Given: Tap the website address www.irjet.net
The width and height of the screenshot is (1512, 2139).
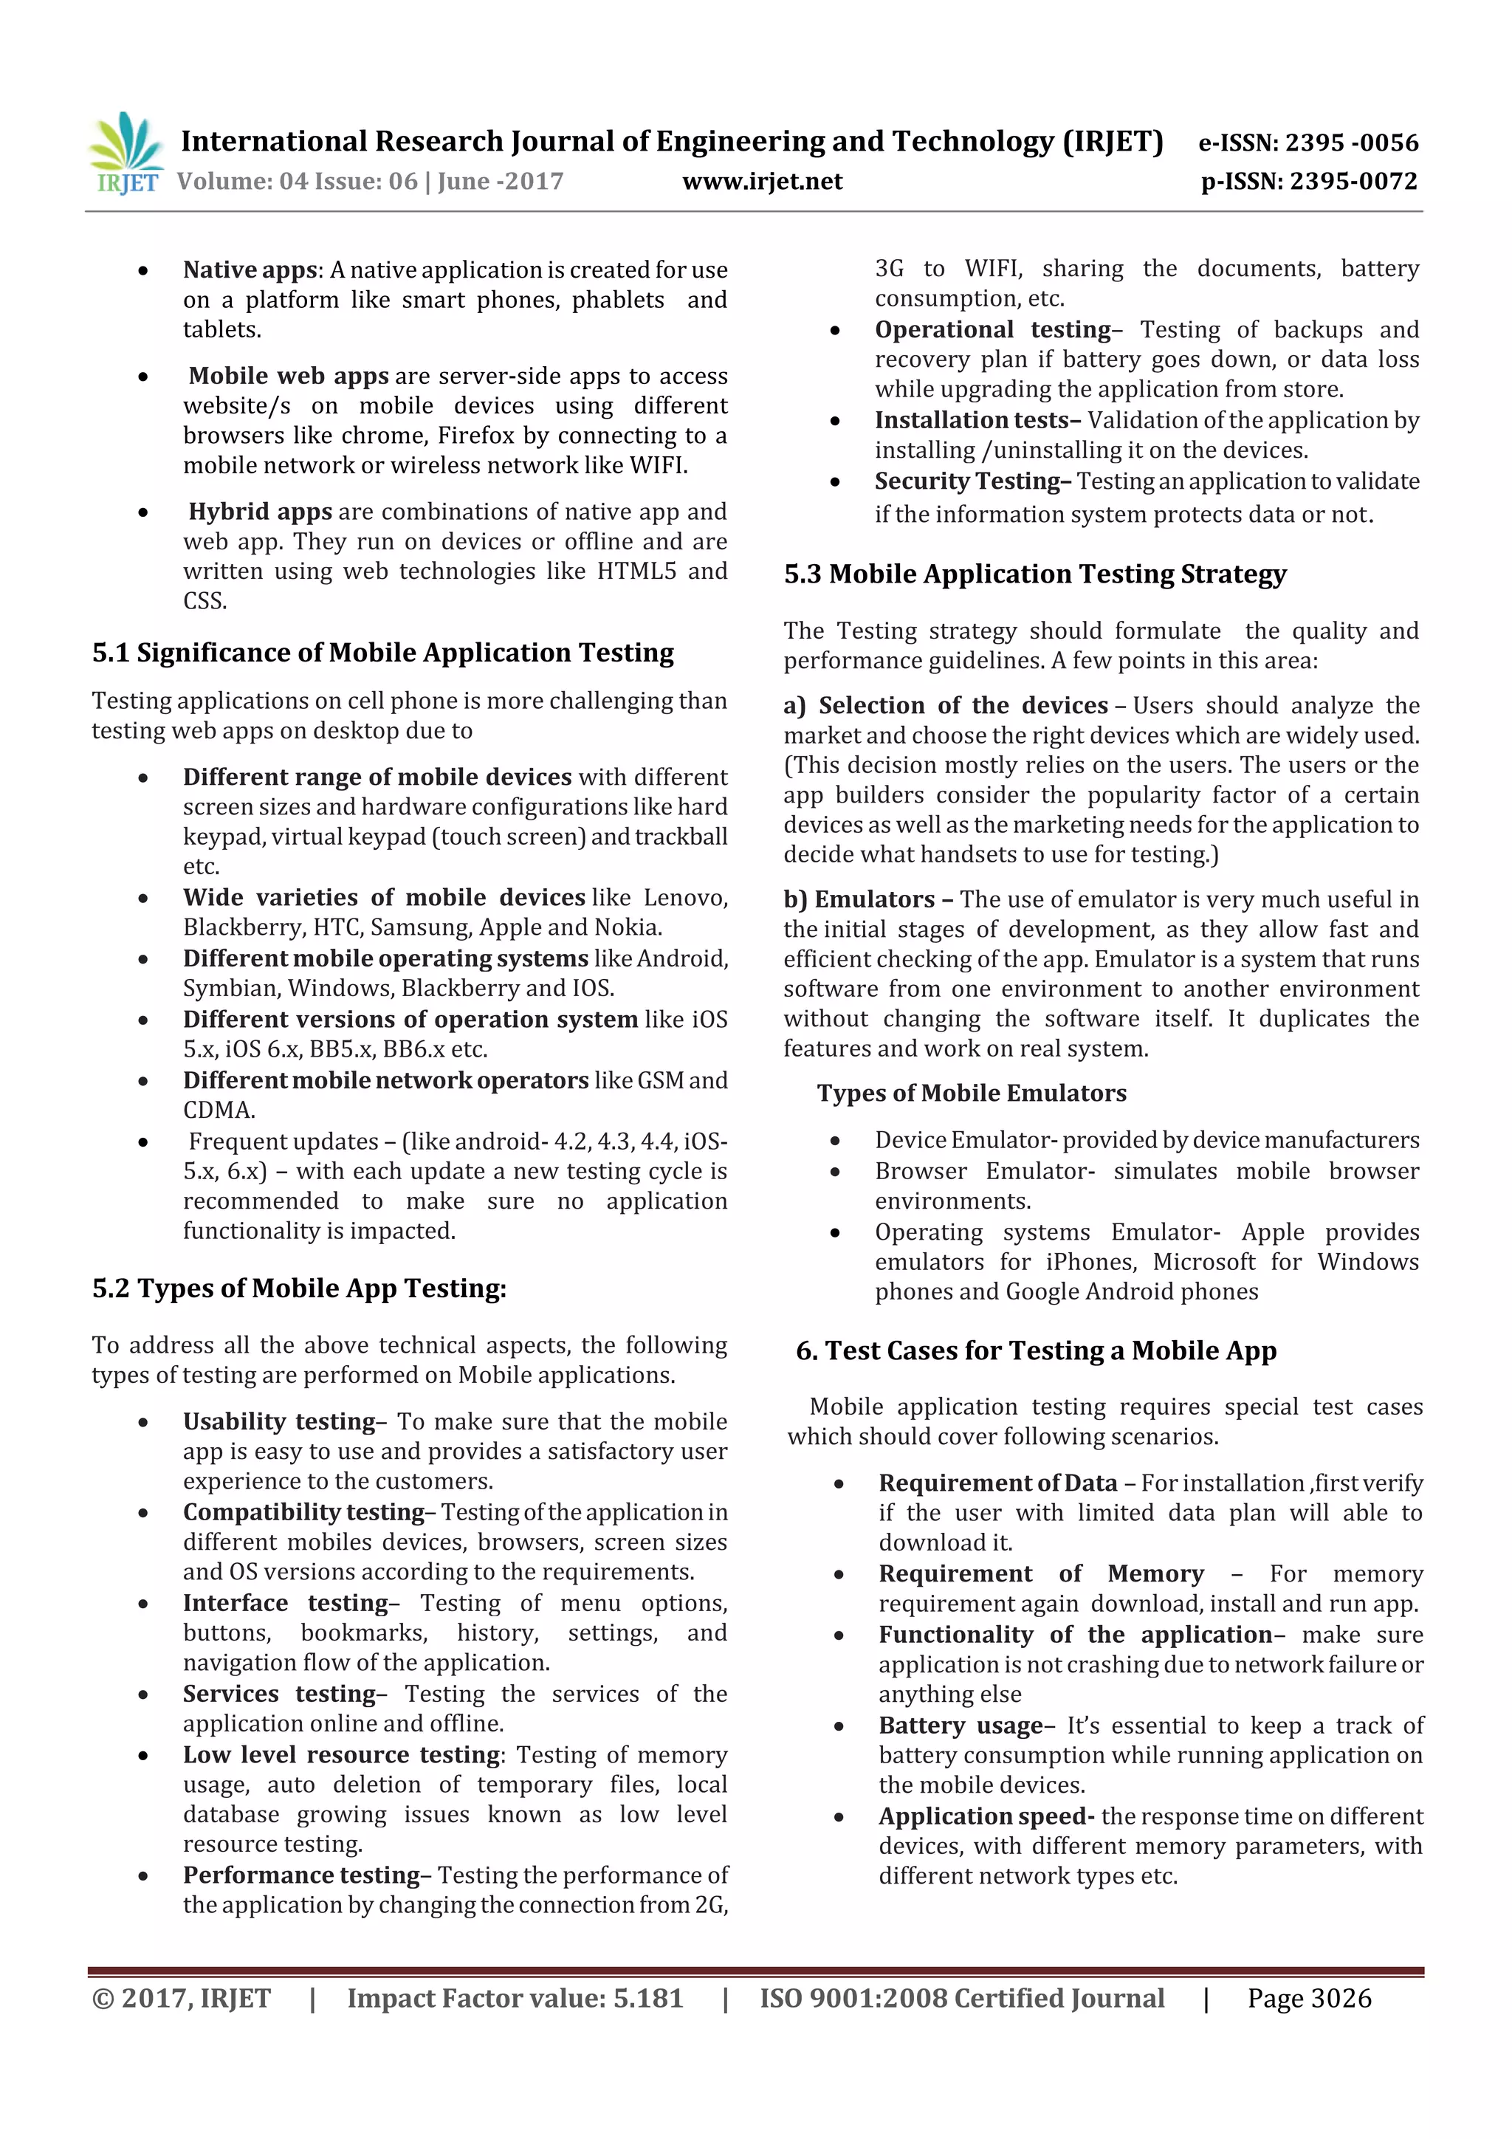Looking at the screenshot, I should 762,182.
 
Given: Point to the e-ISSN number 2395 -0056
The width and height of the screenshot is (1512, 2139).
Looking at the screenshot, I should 1352,143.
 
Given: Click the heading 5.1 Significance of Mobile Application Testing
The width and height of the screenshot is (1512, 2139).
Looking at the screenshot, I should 383,653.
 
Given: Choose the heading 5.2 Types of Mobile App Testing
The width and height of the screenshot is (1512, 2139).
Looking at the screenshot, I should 299,1288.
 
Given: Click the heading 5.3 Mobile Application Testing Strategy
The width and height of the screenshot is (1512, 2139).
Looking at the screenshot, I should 1035,574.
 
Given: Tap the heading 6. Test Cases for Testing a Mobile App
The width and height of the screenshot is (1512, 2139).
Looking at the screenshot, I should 1036,1351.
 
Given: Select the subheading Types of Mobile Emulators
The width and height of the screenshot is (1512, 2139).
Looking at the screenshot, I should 972,1093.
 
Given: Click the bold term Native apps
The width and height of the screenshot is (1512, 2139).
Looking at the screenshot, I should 250,270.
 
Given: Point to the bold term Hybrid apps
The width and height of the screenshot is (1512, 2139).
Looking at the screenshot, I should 260,512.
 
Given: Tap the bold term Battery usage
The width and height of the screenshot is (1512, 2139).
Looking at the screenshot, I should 961,1726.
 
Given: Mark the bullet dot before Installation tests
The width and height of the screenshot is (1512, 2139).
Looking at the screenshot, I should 835,421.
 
